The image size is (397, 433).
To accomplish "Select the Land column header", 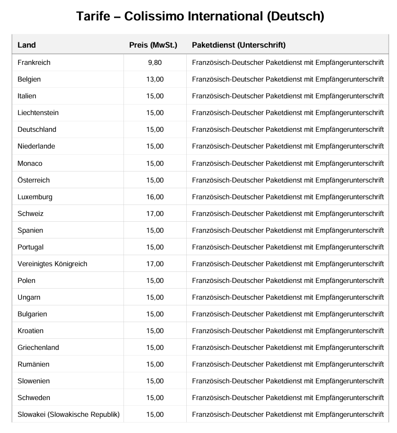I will [x=27, y=45].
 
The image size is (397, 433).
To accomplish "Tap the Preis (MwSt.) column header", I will [x=153, y=45].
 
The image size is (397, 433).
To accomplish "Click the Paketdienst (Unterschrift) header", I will [x=239, y=45].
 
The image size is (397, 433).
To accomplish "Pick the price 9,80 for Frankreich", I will [x=155, y=63].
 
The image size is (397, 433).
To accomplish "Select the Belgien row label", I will [x=29, y=79].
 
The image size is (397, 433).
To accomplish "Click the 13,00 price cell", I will [x=155, y=79].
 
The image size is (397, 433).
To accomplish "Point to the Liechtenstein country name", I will [x=38, y=113].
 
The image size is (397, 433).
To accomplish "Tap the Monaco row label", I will [x=30, y=163].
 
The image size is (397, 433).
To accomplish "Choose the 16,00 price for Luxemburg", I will [x=155, y=197].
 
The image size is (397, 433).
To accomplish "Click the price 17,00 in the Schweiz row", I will [x=155, y=214].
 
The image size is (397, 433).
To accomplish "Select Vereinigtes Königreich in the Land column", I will [x=52, y=264].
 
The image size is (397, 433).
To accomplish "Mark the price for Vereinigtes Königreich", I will [x=155, y=264].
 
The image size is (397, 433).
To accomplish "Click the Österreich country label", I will [x=33, y=180].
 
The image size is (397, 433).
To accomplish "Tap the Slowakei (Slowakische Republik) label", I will [x=69, y=415].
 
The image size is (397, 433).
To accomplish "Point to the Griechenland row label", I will [x=38, y=348].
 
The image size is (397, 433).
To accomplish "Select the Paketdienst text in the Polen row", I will [x=288, y=281].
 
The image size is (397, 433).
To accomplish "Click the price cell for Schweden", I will [x=155, y=398].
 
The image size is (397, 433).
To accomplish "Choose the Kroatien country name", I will [x=30, y=331].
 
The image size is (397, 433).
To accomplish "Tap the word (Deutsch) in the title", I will [x=295, y=16].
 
